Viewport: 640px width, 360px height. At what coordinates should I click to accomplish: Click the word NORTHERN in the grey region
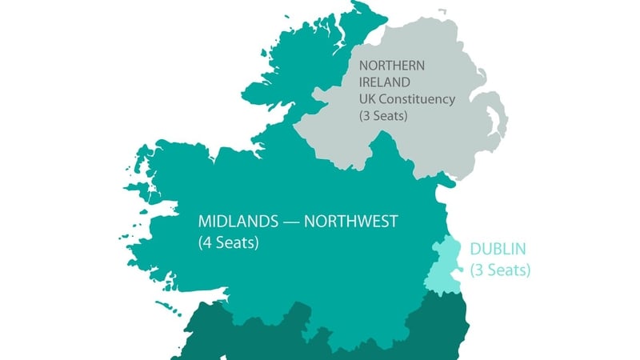[390, 66]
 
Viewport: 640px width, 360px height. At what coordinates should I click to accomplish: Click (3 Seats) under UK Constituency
[383, 116]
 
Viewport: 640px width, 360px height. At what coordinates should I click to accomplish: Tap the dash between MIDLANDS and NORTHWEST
[298, 222]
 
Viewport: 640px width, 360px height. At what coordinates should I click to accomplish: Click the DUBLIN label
[498, 250]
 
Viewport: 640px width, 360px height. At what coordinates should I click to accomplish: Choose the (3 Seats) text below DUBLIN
[500, 270]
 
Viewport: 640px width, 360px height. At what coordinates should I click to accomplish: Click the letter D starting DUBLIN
[475, 250]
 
